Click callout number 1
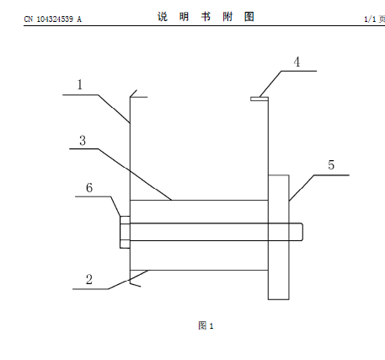click(x=80, y=84)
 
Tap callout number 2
click(x=89, y=279)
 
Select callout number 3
click(x=83, y=141)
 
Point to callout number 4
click(x=297, y=62)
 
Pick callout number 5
click(x=331, y=165)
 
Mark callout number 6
click(x=89, y=187)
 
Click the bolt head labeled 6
click(x=125, y=232)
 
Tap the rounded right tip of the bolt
click(x=302, y=232)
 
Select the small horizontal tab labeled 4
click(x=259, y=99)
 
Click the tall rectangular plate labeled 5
click(x=279, y=237)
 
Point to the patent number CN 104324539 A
click(x=52, y=19)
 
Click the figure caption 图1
click(x=206, y=325)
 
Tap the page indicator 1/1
click(x=370, y=19)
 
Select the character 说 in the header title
click(x=163, y=17)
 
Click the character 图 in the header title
click(x=249, y=17)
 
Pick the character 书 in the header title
click(x=206, y=17)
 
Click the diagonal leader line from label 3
click(x=135, y=175)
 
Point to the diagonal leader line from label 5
click(x=302, y=188)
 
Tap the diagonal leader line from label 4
click(x=270, y=84)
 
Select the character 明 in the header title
click(x=184, y=17)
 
